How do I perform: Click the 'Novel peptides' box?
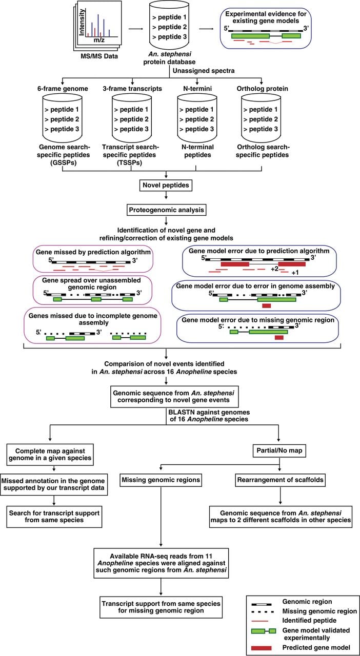click(166, 185)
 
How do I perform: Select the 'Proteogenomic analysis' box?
click(166, 210)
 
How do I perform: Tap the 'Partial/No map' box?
click(279, 450)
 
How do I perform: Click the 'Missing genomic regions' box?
click(161, 480)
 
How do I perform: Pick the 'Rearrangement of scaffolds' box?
click(281, 480)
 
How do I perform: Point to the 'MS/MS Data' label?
click(99, 56)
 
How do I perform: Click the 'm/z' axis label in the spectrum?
click(99, 40)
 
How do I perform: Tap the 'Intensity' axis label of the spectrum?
click(82, 22)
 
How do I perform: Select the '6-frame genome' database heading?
click(63, 89)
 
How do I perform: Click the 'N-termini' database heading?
click(197, 89)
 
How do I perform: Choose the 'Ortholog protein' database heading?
click(263, 89)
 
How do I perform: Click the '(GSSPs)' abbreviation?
click(63, 163)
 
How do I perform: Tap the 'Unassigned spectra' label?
click(204, 71)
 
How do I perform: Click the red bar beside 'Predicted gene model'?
click(261, 648)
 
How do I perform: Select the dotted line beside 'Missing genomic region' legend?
click(263, 612)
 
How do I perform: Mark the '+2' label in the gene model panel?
click(274, 269)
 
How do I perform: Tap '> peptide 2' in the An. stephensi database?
click(169, 27)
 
